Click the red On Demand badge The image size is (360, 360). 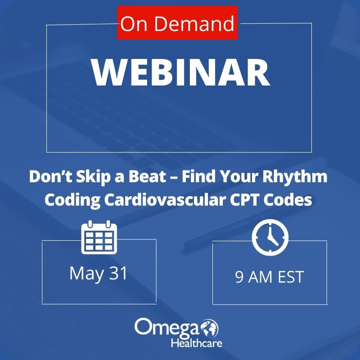click(177, 23)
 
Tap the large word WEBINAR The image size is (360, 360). click(180, 72)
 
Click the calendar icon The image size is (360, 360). click(99, 237)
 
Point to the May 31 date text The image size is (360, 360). click(99, 273)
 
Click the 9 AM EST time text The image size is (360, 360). click(270, 277)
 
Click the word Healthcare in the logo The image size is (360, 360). click(196, 343)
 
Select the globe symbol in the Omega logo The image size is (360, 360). click(209, 327)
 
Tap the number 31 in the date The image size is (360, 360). click(117, 273)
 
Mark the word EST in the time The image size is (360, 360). click(290, 277)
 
